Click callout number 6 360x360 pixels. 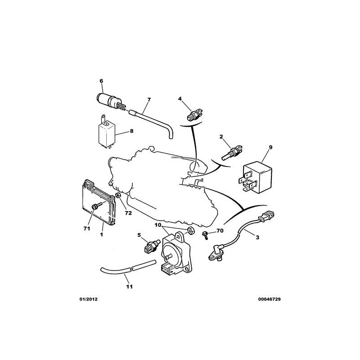[x=101, y=81]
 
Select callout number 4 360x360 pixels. [x=180, y=99]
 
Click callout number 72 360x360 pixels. [x=128, y=213]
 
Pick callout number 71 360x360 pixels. [x=87, y=229]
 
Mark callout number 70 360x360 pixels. [x=220, y=231]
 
